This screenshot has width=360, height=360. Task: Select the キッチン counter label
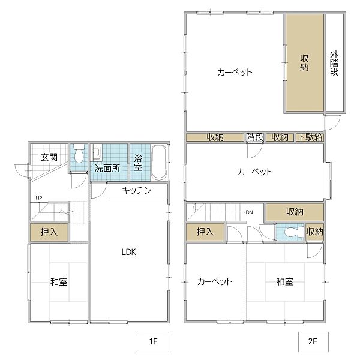(136, 191)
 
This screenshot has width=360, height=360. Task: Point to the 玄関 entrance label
(49, 158)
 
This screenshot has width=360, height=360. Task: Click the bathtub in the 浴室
(159, 162)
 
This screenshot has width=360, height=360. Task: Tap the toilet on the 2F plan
(292, 232)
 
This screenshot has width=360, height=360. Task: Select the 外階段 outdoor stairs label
(334, 62)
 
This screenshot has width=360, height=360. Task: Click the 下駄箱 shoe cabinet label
(310, 137)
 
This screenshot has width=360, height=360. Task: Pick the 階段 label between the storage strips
(255, 137)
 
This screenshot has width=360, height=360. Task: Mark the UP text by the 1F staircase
(38, 198)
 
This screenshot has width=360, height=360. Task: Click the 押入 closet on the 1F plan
(49, 232)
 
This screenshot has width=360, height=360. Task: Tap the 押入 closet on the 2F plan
(205, 232)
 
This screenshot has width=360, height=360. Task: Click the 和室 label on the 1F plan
(58, 281)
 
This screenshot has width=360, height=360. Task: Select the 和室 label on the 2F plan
(284, 281)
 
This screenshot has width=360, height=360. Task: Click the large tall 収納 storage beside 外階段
(304, 62)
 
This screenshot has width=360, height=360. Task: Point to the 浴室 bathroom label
(138, 163)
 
